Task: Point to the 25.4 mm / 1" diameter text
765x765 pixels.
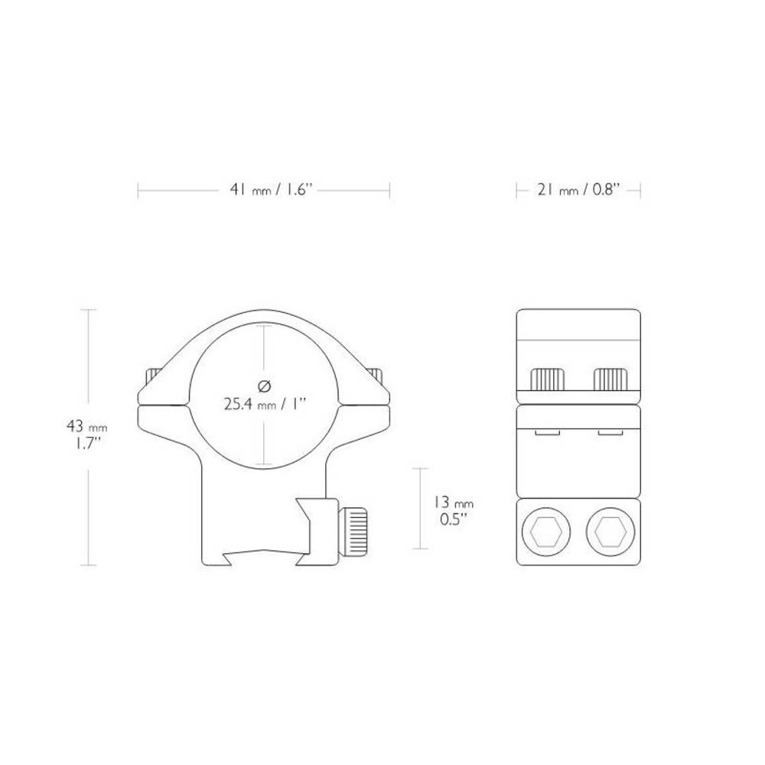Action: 263,404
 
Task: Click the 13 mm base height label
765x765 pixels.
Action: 454,503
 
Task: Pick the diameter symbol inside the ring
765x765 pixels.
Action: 264,385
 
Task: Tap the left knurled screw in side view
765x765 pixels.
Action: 548,378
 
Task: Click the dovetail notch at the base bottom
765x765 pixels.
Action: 264,556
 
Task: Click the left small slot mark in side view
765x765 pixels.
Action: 548,433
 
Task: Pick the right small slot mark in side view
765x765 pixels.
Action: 609,433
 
